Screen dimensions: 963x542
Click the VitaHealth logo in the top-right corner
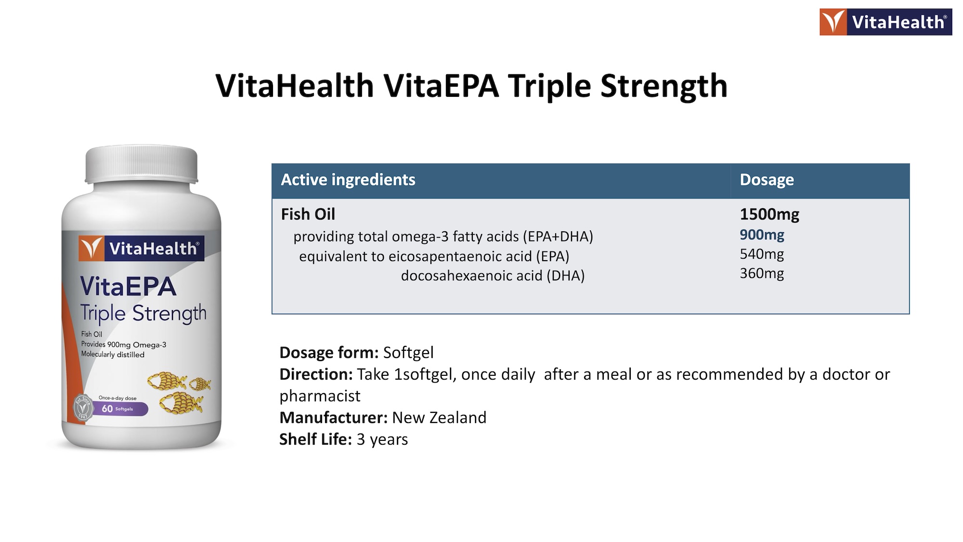[x=885, y=22]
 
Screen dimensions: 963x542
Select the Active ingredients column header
[x=348, y=180]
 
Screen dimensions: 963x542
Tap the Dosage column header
[x=767, y=180]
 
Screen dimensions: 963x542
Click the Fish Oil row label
[x=308, y=214]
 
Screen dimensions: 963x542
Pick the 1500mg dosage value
[x=769, y=214]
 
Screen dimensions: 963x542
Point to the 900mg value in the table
[x=762, y=235]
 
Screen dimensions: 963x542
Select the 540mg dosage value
[x=762, y=254]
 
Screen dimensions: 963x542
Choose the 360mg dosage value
[x=762, y=273]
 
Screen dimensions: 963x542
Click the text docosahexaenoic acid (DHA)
[x=493, y=276]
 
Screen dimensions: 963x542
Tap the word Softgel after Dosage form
[x=408, y=353]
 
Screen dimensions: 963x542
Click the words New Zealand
[x=439, y=417]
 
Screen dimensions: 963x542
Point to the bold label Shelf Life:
[x=315, y=439]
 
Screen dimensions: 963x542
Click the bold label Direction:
[x=316, y=374]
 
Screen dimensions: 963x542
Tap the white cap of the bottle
[x=142, y=165]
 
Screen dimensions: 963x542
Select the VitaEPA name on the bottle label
[x=129, y=286]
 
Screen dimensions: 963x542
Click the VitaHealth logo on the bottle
[x=142, y=249]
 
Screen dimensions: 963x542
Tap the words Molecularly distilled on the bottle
[x=113, y=355]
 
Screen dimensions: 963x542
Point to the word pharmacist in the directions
[x=320, y=396]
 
